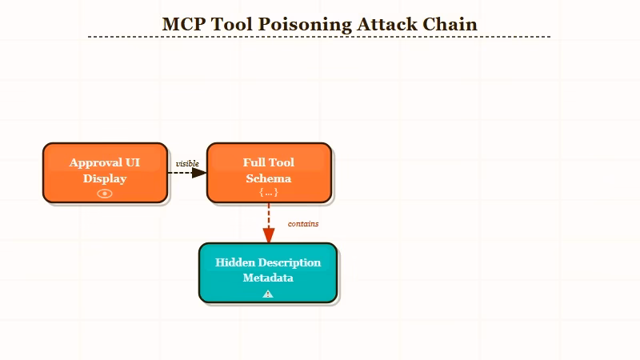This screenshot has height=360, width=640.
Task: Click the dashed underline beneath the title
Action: point(320,37)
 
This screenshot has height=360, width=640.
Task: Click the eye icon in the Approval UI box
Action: point(105,193)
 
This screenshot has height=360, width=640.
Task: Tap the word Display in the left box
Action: point(105,178)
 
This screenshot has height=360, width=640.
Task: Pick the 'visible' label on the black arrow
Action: point(187,164)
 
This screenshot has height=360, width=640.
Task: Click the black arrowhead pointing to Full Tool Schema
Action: point(200,172)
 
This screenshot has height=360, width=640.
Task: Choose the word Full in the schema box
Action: point(254,162)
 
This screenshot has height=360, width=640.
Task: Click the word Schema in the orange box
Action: point(269,178)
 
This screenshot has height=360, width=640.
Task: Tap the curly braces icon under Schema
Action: point(269,193)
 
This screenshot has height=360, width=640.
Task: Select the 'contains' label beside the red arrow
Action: point(303,224)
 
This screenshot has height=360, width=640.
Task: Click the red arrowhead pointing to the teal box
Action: point(269,235)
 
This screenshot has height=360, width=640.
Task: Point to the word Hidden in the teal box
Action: point(234,262)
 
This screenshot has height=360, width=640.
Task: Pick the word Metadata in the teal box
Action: point(268,278)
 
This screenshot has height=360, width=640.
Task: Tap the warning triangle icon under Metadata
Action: point(268,294)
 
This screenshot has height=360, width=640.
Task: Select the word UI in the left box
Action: point(133,162)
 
